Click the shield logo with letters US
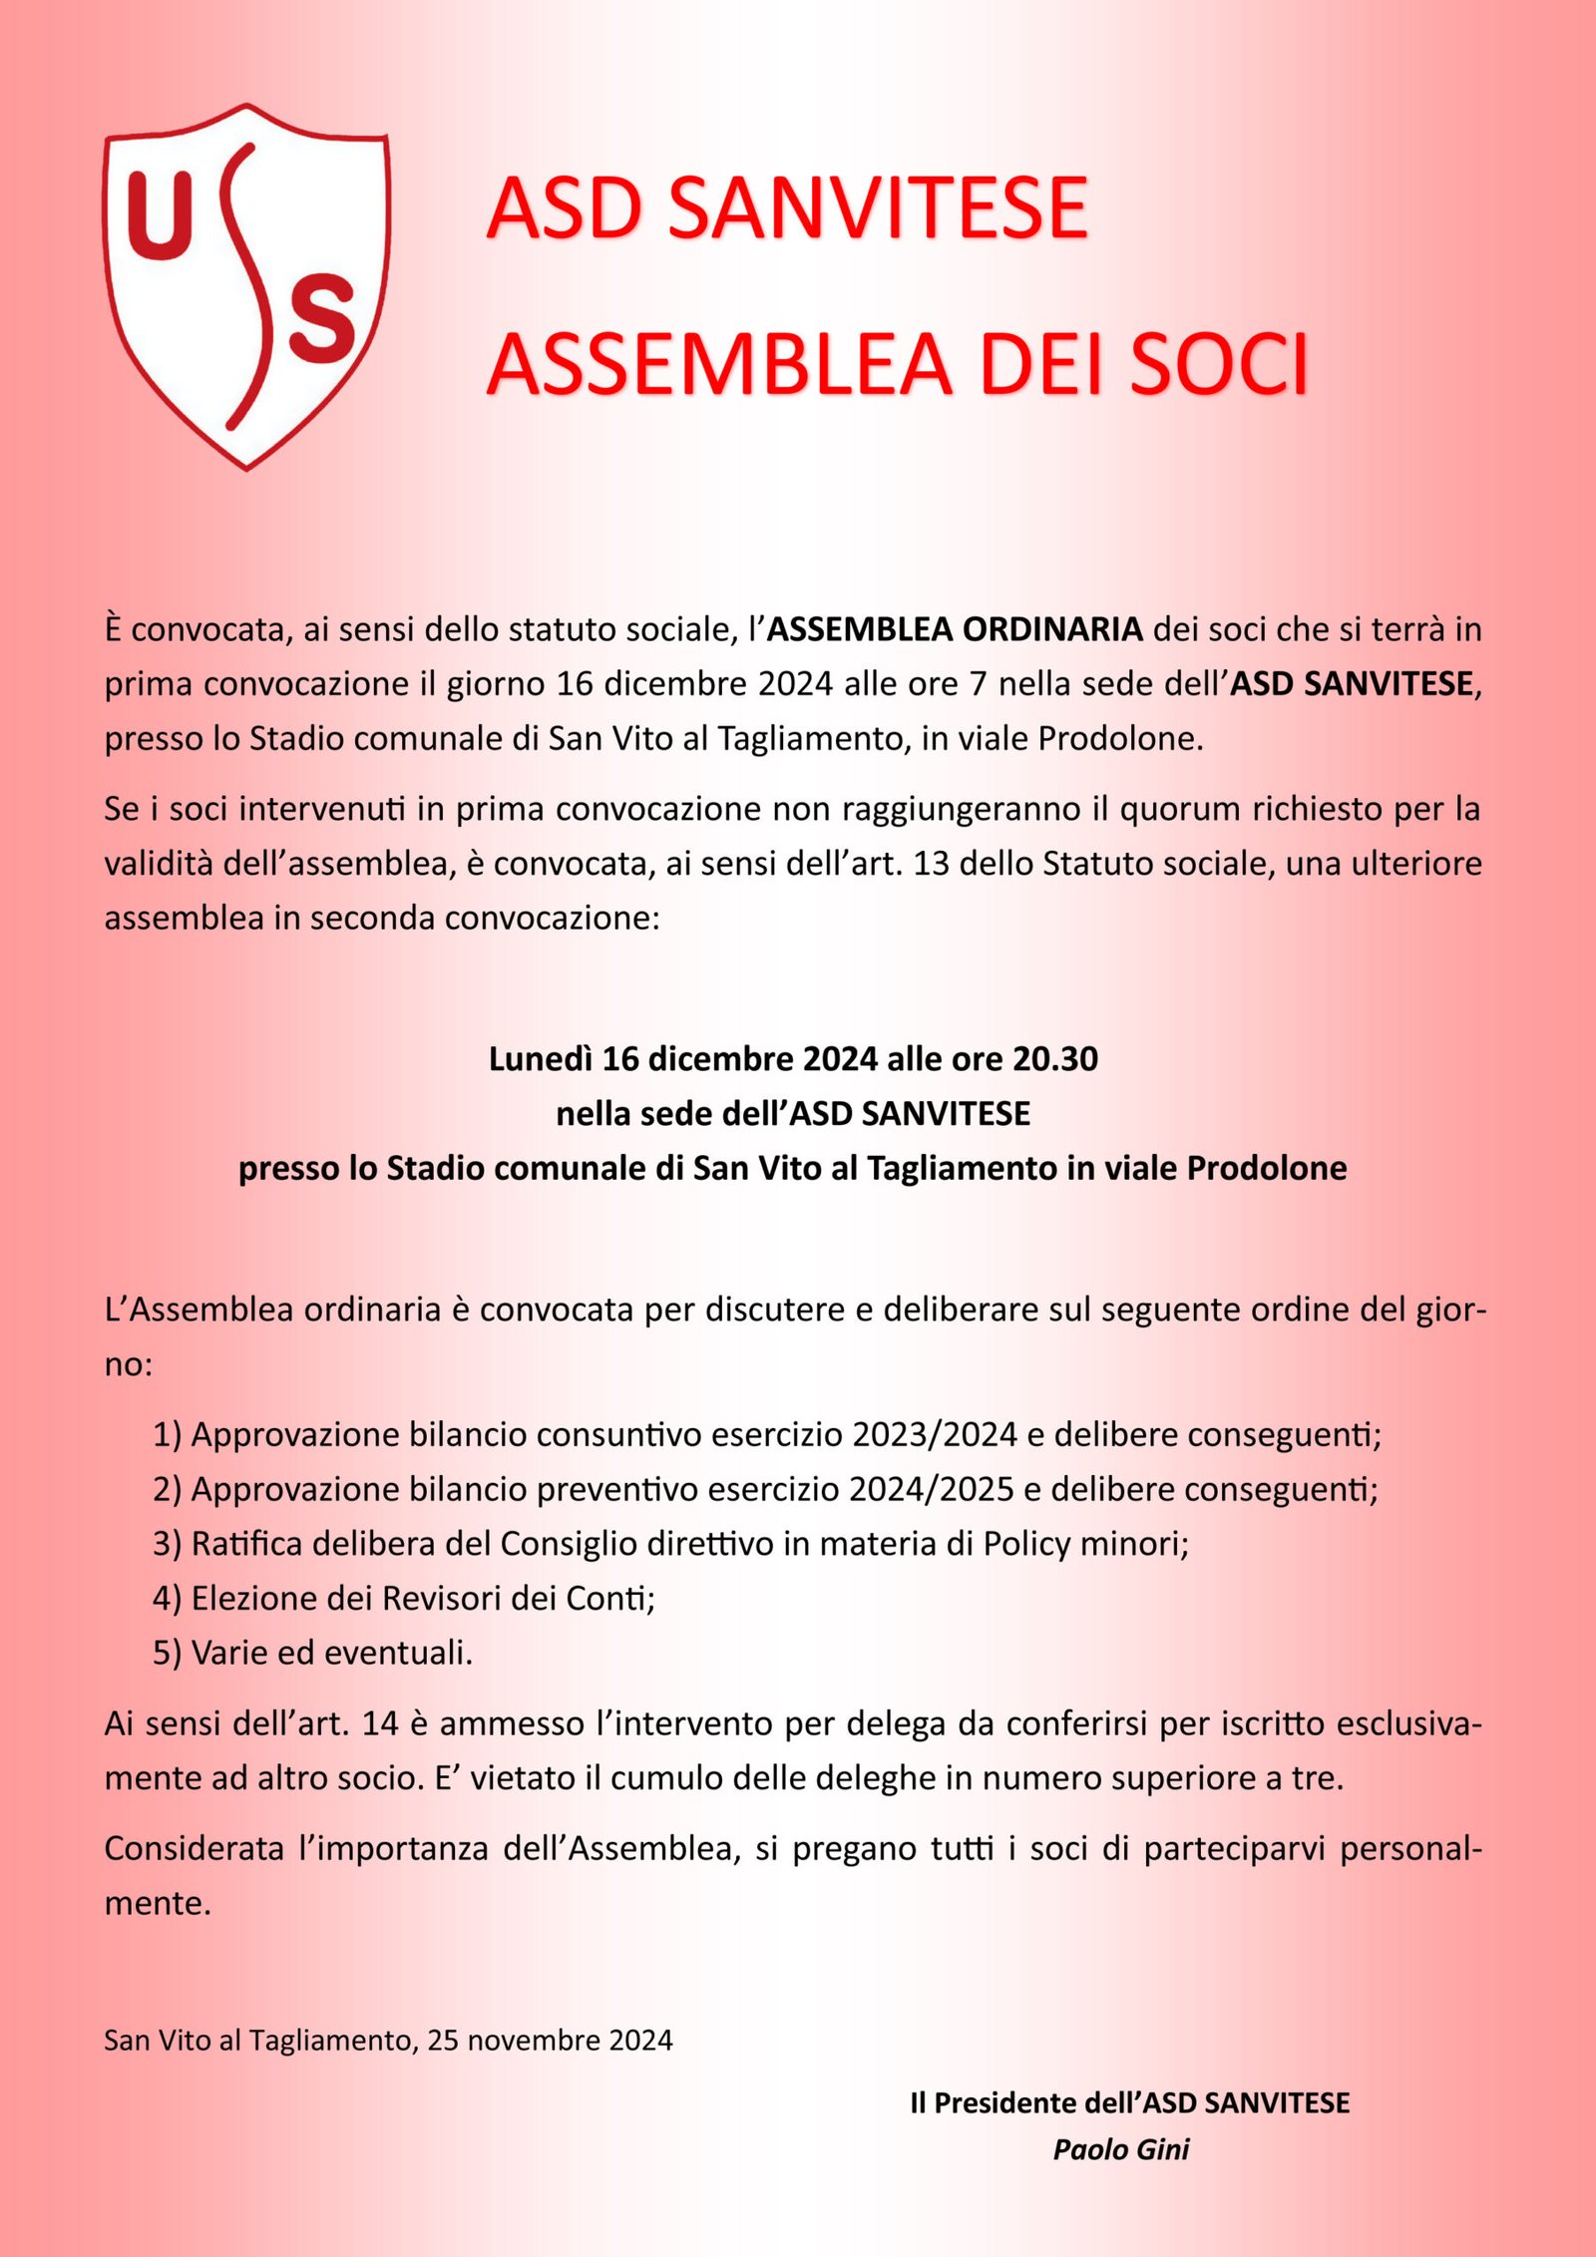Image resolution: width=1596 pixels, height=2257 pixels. click(x=245, y=286)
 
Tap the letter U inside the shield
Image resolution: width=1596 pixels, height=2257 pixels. click(x=160, y=215)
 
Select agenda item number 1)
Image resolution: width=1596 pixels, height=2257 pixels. click(x=167, y=1435)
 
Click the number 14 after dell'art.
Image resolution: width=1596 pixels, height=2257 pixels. click(x=380, y=1724)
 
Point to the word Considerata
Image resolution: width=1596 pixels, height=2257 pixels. click(x=194, y=1849)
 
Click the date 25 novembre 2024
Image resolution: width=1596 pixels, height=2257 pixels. click(x=550, y=2041)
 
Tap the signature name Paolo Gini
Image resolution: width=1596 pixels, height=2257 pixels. click(x=1121, y=2150)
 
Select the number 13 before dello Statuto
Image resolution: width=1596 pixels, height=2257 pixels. click(x=931, y=864)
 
